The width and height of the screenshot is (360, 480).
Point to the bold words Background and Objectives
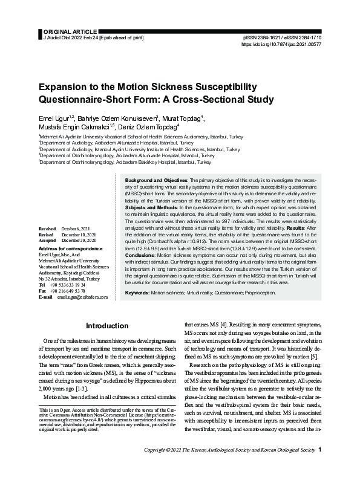tap(156, 181)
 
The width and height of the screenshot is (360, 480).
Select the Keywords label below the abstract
tap(137, 292)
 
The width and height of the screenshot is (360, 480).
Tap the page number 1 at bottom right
tap(319, 466)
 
